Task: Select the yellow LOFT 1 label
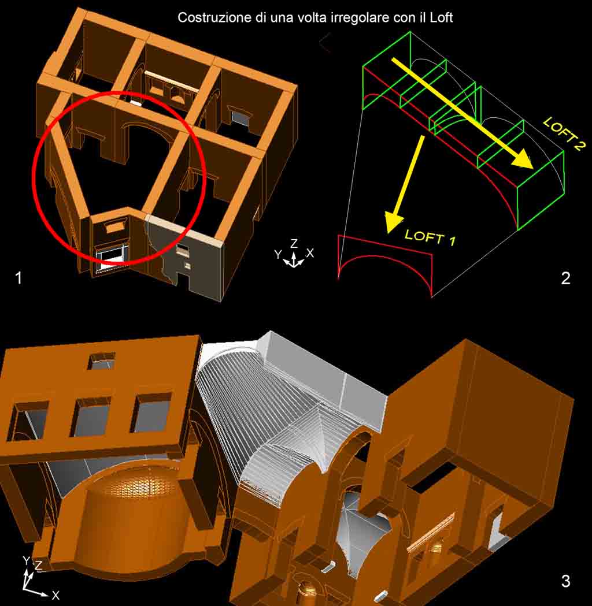tap(430, 237)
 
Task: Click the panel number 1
tap(18, 278)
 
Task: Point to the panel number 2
tap(565, 278)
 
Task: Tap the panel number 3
tap(565, 581)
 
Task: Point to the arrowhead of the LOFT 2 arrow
tap(524, 159)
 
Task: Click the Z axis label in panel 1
tap(294, 243)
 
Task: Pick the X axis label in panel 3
tap(55, 595)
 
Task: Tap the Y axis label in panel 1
tap(278, 254)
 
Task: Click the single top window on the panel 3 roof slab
tap(102, 361)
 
